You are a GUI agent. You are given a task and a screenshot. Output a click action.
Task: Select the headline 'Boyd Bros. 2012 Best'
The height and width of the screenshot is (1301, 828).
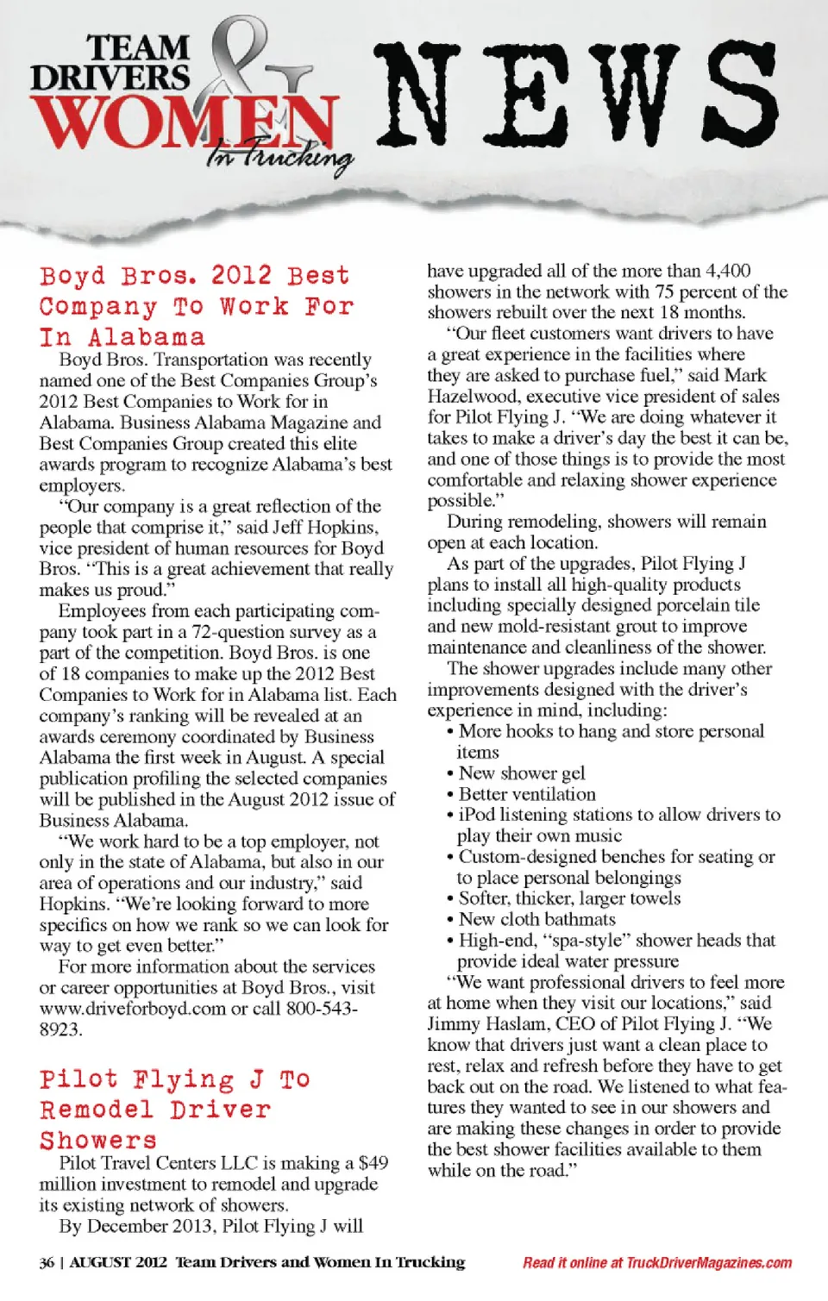click(x=195, y=276)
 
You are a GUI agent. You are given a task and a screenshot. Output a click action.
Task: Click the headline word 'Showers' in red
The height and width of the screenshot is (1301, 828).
click(x=98, y=1140)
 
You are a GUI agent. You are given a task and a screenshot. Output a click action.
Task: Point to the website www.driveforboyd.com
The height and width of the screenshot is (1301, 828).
click(x=132, y=1008)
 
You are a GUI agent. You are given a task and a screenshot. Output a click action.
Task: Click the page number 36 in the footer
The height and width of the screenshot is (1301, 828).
click(x=47, y=1263)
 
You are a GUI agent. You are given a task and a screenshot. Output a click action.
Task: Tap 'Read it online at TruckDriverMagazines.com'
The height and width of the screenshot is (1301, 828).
click(x=656, y=1263)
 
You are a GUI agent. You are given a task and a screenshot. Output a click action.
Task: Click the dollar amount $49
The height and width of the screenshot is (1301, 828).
click(x=373, y=1163)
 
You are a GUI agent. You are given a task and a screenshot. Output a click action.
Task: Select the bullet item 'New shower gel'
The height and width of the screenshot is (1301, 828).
click(x=521, y=772)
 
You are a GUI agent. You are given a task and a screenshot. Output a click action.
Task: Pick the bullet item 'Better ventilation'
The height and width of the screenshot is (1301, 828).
click(x=526, y=793)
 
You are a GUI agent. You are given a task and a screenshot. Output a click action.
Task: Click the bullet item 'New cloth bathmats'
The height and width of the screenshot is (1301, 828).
click(x=536, y=919)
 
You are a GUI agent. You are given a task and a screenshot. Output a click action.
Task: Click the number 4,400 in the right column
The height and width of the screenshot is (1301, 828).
click(x=728, y=271)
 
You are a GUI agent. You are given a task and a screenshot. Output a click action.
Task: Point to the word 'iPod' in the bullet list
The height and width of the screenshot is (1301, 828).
click(x=477, y=815)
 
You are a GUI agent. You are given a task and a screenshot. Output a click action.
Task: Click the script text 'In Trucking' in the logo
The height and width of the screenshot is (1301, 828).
click(x=279, y=156)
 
